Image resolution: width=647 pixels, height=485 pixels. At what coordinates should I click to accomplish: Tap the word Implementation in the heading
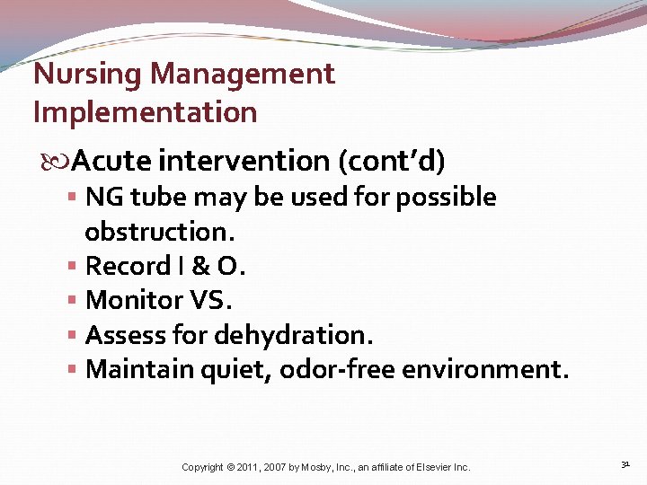coord(145,113)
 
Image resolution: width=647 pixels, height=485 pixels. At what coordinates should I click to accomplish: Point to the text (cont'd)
coord(392,161)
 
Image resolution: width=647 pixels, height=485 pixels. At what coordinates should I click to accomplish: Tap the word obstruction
coord(158,232)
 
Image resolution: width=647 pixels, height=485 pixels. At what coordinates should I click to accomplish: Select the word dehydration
coord(293,335)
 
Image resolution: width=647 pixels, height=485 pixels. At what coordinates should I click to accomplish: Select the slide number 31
coord(625,464)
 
